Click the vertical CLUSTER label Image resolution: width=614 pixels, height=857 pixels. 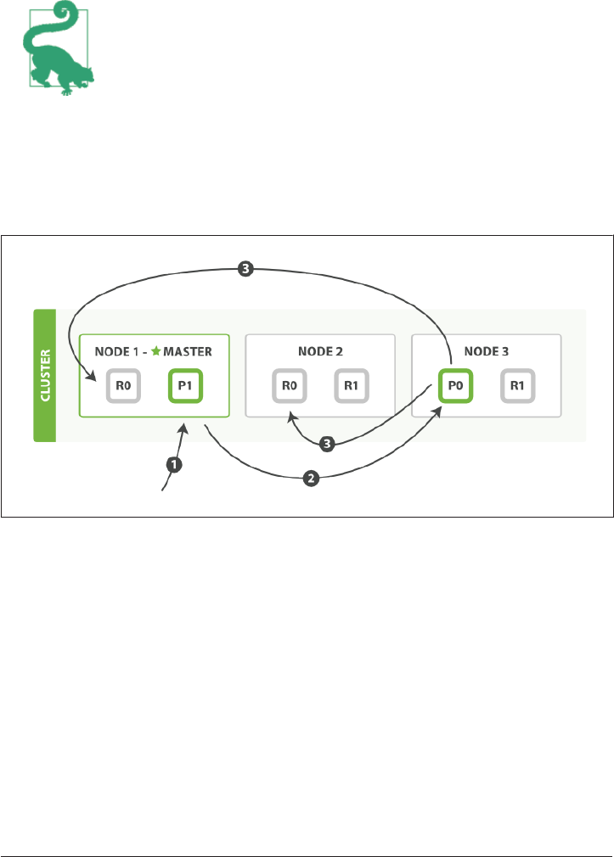(44, 376)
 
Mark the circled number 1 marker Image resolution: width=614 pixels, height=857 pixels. (174, 464)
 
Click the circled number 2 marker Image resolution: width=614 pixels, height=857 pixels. (312, 479)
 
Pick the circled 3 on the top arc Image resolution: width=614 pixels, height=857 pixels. (245, 270)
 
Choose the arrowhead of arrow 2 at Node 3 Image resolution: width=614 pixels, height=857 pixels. (439, 409)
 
